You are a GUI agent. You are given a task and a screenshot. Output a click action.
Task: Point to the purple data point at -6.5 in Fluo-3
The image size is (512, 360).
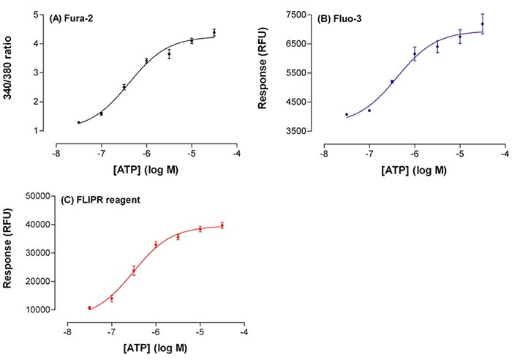point(392,82)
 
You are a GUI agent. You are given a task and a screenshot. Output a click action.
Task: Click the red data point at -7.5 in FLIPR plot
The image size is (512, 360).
point(89,308)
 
